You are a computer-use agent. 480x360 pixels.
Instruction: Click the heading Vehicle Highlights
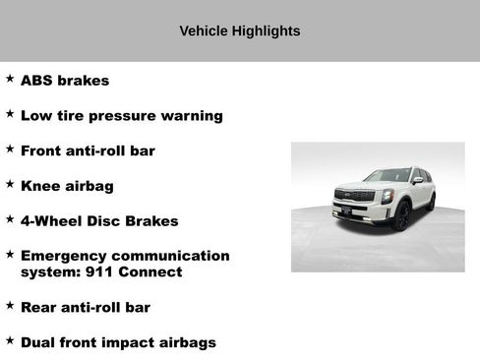[239, 31]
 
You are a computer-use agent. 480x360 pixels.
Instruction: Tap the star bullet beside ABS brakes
[10, 79]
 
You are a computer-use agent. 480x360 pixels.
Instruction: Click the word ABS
[37, 81]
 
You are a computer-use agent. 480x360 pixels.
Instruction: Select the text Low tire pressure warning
[121, 116]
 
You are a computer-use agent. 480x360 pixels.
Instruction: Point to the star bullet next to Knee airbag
[10, 183]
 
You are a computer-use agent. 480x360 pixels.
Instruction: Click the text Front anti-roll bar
[88, 150]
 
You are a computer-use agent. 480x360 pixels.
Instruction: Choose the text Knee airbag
[67, 186]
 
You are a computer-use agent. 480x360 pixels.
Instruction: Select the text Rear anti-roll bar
[86, 308]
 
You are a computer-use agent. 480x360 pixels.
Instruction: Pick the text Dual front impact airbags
[118, 342]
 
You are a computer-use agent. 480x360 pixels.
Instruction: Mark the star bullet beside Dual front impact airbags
[10, 340]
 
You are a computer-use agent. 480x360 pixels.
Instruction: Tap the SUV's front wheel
[400, 214]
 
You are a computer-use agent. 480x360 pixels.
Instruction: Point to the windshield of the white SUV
[387, 176]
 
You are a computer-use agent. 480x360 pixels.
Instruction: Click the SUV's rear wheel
[430, 202]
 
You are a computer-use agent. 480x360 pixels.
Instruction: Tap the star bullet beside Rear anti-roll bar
[10, 306]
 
